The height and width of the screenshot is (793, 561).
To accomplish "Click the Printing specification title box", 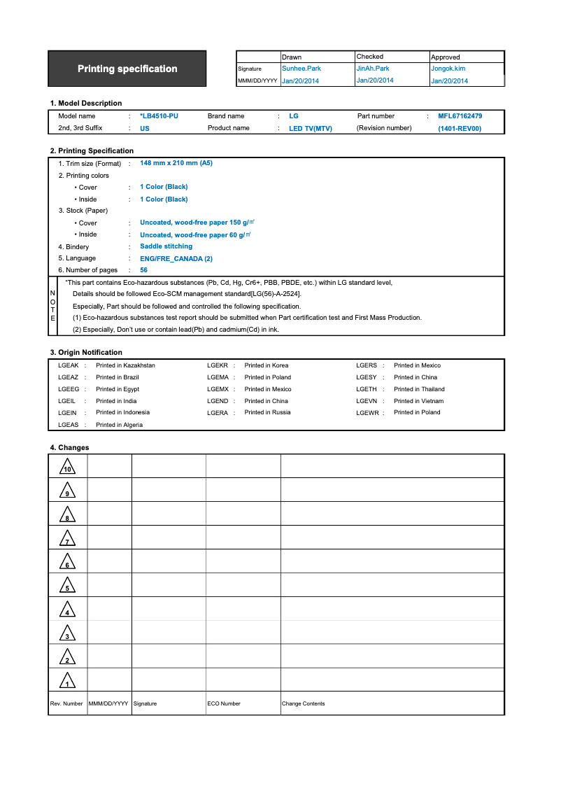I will [x=127, y=69].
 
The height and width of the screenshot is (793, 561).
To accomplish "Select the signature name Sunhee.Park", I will [x=300, y=69].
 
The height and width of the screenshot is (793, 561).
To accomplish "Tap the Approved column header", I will [x=446, y=57].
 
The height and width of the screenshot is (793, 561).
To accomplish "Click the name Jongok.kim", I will [x=448, y=69].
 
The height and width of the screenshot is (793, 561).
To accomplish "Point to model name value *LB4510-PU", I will [x=159, y=116].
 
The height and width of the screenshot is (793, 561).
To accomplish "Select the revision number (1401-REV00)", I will [x=460, y=129].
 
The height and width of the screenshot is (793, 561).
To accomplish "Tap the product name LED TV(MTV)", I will [x=311, y=129].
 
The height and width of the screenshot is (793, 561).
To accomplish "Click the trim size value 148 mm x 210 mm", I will [x=176, y=163].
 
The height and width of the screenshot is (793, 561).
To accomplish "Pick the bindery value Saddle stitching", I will [x=166, y=246].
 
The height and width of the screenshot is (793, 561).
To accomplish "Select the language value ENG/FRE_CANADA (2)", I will [x=176, y=259].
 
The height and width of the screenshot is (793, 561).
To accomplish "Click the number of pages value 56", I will [x=143, y=270].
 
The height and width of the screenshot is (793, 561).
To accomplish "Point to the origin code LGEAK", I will [x=69, y=365].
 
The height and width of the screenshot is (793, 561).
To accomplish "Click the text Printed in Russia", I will [x=267, y=412].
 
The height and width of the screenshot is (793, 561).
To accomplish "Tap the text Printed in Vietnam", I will [x=418, y=401].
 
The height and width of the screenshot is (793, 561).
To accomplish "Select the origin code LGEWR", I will [x=367, y=413].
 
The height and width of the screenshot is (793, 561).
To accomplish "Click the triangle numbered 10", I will [x=67, y=467].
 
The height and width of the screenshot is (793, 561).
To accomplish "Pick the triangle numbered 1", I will [x=67, y=680].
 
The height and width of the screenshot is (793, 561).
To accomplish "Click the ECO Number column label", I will [x=224, y=703].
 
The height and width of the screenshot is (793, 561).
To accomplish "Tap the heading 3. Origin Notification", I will [x=86, y=352].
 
